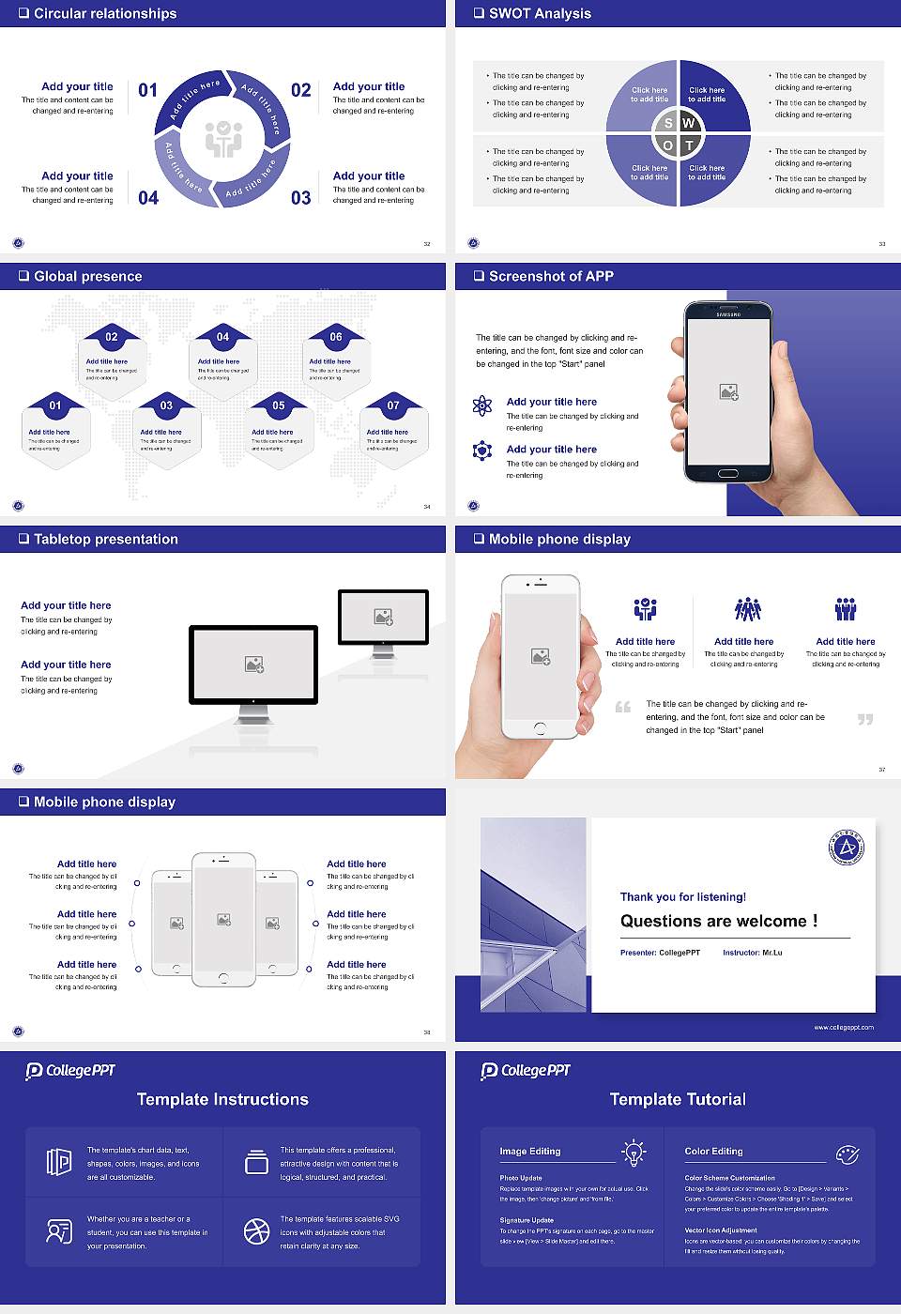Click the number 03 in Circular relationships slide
[300, 198]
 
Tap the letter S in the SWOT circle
[668, 123]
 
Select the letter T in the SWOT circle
[690, 145]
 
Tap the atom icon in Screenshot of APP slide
[482, 405]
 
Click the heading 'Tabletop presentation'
[105, 539]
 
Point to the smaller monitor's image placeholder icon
[383, 617]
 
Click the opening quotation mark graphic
[623, 707]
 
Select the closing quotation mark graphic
[865, 720]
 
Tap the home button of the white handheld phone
[540, 727]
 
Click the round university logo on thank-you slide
[847, 848]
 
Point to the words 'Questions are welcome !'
[719, 921]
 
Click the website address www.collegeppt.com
[843, 1027]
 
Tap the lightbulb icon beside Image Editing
[634, 1152]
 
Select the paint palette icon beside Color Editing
[847, 1154]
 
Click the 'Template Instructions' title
[222, 1099]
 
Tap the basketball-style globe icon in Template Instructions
[256, 1231]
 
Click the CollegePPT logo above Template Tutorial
[526, 1071]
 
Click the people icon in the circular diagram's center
[223, 139]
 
